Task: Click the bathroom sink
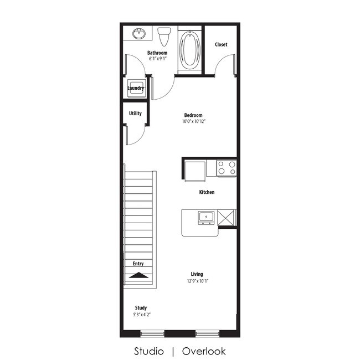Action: [x=139, y=34]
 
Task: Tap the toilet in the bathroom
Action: [x=163, y=37]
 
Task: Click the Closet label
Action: [x=221, y=44]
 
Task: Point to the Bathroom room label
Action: [x=157, y=53]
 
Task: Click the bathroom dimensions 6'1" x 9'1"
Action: [x=157, y=59]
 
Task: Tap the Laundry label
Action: [x=136, y=88]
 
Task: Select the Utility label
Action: [x=135, y=114]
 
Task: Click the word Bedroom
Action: [x=193, y=115]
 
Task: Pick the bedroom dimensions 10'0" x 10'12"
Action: [x=193, y=121]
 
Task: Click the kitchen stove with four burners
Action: [x=227, y=168]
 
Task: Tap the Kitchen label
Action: [x=207, y=192]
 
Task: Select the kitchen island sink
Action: [x=206, y=216]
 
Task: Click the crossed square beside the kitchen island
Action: [x=227, y=217]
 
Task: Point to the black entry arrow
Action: [x=138, y=275]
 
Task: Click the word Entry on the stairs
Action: [x=138, y=264]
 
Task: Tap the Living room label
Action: [x=197, y=274]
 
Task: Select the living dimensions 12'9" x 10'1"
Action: [x=197, y=281]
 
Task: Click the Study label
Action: [x=141, y=308]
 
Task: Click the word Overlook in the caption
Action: [x=204, y=351]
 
